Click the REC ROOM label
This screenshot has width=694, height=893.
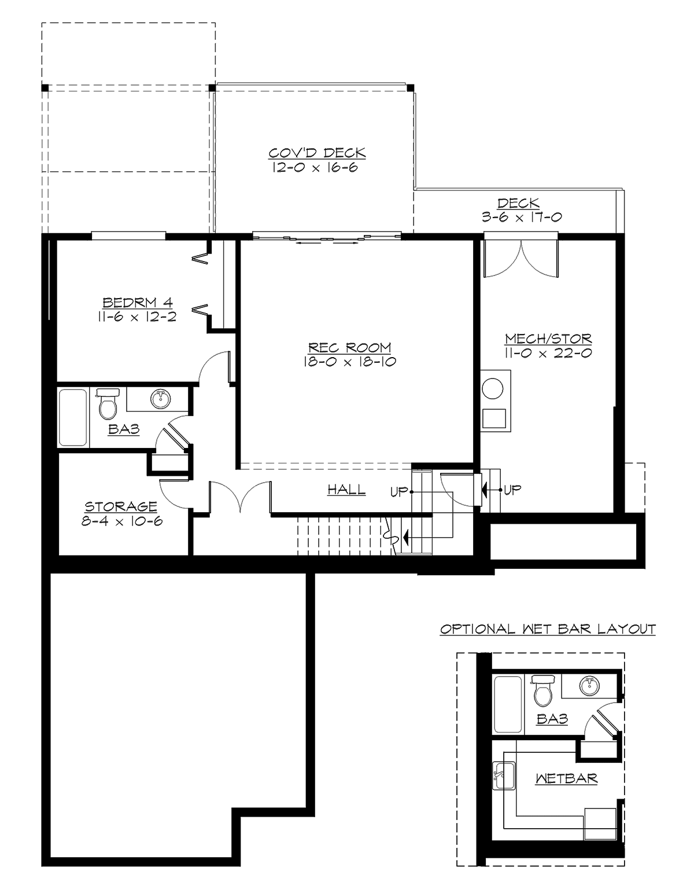point(349,348)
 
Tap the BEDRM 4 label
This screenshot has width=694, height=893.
point(138,302)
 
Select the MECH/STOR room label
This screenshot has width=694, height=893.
point(548,339)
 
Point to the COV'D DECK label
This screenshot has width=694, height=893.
point(317,153)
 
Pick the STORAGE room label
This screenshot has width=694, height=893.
point(121,506)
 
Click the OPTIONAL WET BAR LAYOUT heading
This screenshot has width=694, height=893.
point(548,629)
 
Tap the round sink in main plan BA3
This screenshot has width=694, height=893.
point(160,398)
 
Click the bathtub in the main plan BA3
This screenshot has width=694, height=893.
point(73,417)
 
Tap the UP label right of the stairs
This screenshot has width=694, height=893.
point(512,490)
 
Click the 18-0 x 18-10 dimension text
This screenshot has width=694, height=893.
point(349,362)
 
